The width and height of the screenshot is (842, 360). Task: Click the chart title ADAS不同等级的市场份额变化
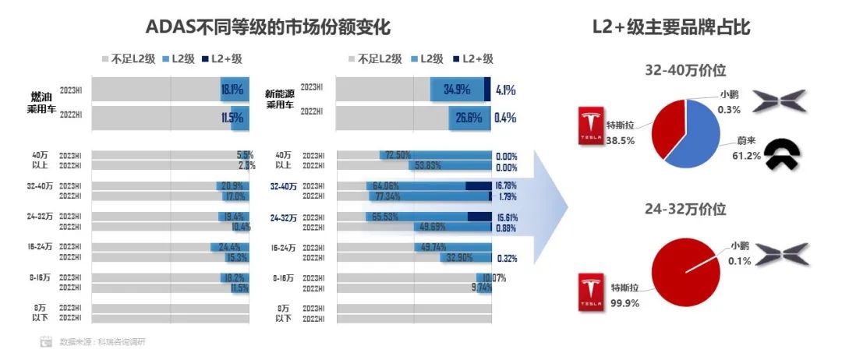click(x=267, y=27)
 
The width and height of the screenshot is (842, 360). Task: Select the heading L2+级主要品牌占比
click(x=671, y=27)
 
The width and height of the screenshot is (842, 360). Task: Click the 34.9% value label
click(x=457, y=90)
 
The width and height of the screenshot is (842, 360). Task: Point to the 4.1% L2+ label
click(x=506, y=90)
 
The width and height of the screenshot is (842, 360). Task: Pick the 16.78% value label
click(x=506, y=186)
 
